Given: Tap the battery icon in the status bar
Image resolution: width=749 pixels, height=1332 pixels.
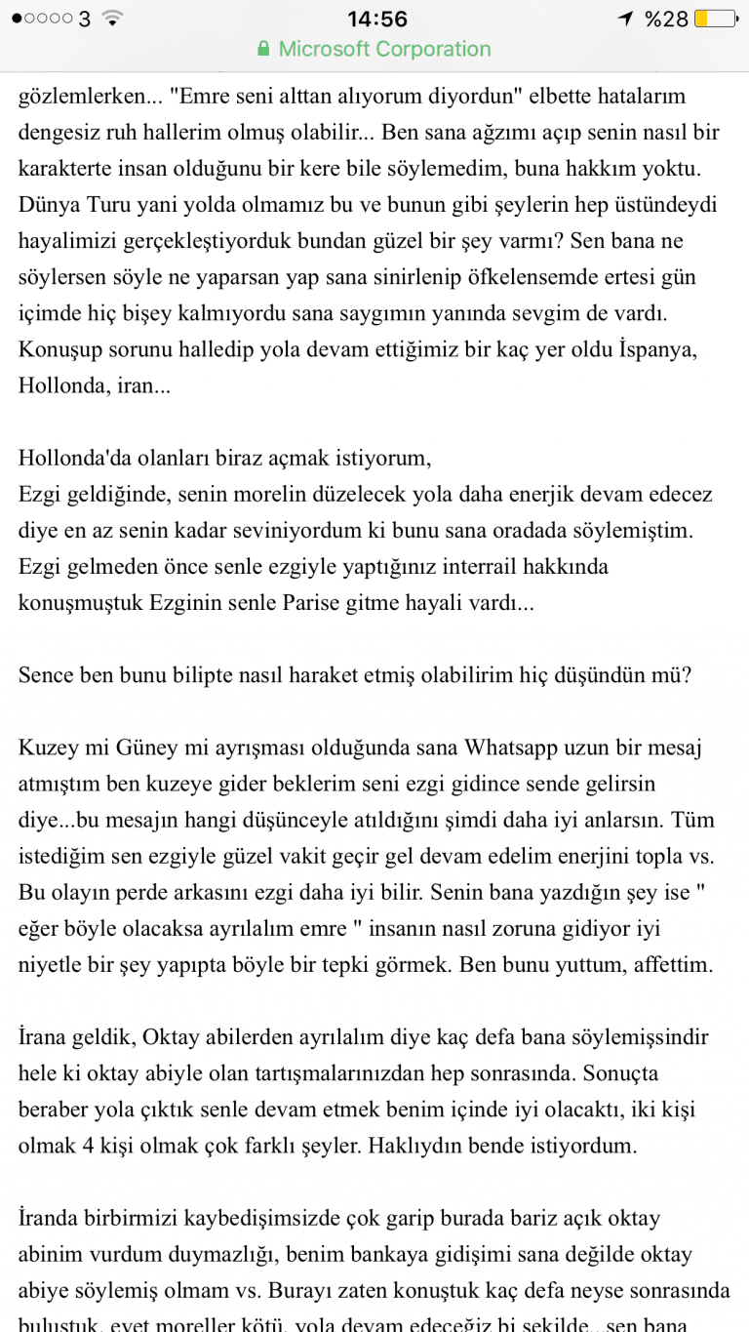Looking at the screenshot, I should pos(717,19).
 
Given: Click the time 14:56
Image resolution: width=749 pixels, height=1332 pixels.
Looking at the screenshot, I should pos(377,19).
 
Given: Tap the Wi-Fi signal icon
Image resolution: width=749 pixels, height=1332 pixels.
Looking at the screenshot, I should pos(113,19).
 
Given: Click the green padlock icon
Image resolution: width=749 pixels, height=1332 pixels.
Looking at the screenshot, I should pos(263,49).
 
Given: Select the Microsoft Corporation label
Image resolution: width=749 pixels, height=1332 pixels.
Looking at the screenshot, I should pos(384,49).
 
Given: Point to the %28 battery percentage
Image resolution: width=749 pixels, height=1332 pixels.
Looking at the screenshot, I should pos(667,19).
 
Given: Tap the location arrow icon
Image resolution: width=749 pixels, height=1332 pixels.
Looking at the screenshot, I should pos(624,19).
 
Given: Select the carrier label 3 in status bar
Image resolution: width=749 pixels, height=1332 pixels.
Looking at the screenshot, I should pos(84,19).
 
